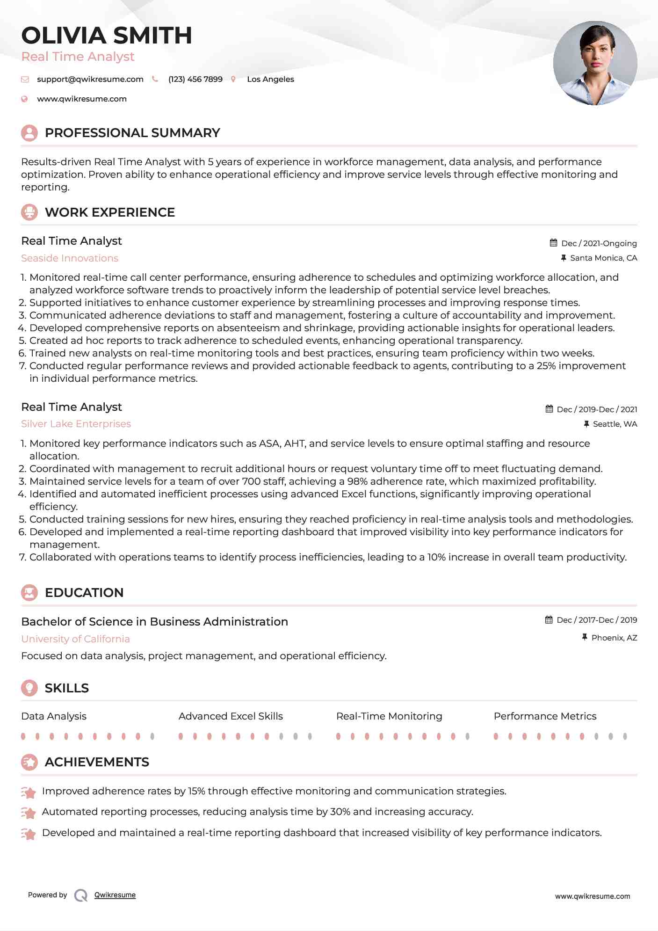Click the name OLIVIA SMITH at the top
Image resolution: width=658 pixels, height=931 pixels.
pyautogui.click(x=107, y=36)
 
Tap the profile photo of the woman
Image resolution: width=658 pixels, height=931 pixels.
pyautogui.click(x=595, y=63)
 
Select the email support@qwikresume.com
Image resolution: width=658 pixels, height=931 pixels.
pyautogui.click(x=90, y=79)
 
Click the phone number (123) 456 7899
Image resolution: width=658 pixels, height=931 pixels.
pyautogui.click(x=195, y=79)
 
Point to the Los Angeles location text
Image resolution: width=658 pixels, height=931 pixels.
pyautogui.click(x=270, y=79)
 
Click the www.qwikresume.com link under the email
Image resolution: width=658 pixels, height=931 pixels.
pyautogui.click(x=82, y=99)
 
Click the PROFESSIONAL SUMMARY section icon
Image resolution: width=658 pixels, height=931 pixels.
pyautogui.click(x=29, y=133)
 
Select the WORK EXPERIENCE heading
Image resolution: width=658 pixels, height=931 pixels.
pyautogui.click(x=109, y=212)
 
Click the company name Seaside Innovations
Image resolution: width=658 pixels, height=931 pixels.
pyautogui.click(x=70, y=258)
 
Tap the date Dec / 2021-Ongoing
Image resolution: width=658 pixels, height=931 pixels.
pyautogui.click(x=599, y=243)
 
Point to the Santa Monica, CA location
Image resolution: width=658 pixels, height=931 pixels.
pyautogui.click(x=603, y=258)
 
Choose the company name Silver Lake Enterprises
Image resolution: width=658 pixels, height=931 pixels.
pyautogui.click(x=76, y=424)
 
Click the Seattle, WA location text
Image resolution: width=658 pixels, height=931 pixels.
pyautogui.click(x=615, y=424)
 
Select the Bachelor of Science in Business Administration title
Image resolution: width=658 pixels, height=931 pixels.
pyautogui.click(x=154, y=622)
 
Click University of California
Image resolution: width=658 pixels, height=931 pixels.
pyautogui.click(x=75, y=639)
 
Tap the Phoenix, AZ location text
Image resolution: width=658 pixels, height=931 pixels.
pyautogui.click(x=614, y=638)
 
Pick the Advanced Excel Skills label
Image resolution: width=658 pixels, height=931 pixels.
pyautogui.click(x=231, y=716)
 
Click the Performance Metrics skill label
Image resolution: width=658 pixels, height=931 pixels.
pyautogui.click(x=545, y=716)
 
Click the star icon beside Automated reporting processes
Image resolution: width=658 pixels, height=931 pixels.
pyautogui.click(x=29, y=813)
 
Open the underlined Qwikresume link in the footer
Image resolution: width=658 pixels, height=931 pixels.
pyautogui.click(x=115, y=895)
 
